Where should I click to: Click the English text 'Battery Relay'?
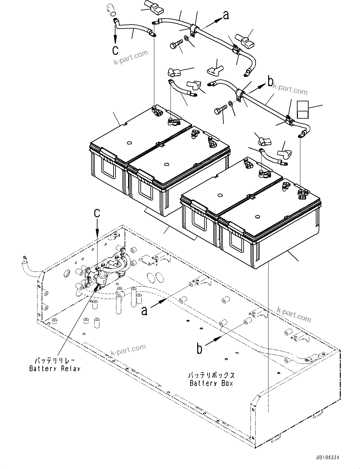[x=55, y=369]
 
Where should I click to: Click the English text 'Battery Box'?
[x=211, y=383]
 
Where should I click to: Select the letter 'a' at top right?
[x=226, y=15]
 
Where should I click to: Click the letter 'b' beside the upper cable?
[x=270, y=82]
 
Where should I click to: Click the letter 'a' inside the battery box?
[x=144, y=311]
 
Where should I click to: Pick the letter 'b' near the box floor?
[x=199, y=348]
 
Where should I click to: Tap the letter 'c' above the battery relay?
[x=97, y=213]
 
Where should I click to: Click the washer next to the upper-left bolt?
[x=187, y=38]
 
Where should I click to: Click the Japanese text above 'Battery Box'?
[x=211, y=375]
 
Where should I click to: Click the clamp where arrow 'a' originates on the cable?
[x=193, y=30]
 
